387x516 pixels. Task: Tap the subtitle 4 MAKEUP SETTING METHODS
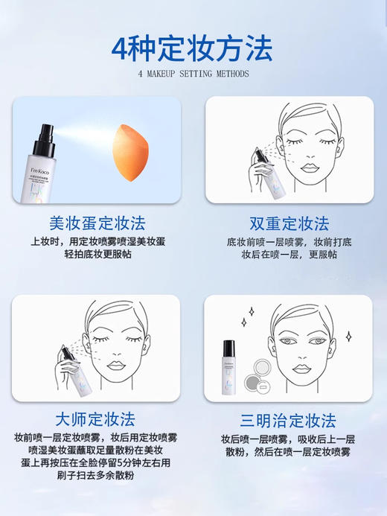(x=193, y=74)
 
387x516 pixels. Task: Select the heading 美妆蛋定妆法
(x=97, y=223)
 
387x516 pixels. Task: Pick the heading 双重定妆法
(x=289, y=223)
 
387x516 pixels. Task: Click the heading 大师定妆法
(x=97, y=419)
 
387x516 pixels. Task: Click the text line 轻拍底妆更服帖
(x=97, y=255)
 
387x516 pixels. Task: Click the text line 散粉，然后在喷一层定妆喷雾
(x=289, y=451)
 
